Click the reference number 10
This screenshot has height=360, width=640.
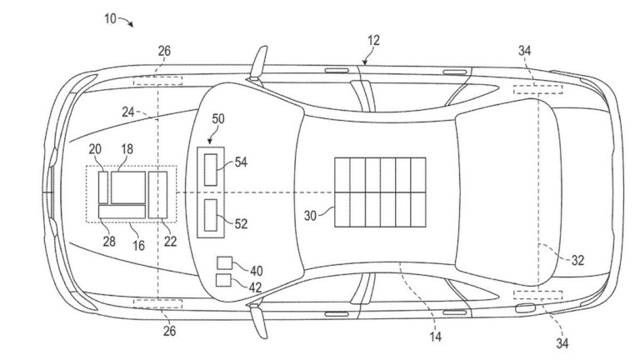[110, 18]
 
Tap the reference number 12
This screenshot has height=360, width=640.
[373, 40]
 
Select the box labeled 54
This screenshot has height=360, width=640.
[211, 170]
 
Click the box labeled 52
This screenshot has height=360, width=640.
[211, 215]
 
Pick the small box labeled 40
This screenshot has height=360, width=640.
[224, 262]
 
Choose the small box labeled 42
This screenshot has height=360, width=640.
[223, 280]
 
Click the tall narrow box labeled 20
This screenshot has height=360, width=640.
[103, 187]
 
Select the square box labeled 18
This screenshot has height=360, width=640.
[128, 187]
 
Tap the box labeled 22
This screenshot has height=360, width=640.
[157, 195]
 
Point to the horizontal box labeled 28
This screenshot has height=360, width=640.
[122, 212]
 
